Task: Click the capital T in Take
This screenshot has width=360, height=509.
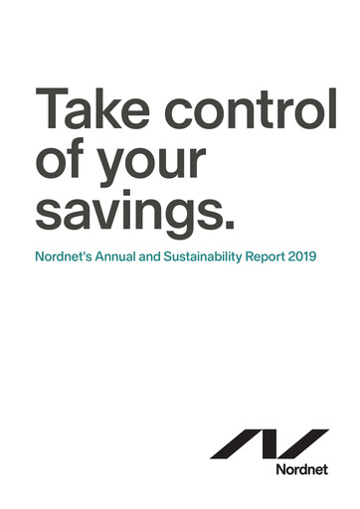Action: coord(51,108)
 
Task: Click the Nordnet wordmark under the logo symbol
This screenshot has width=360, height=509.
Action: coord(303,469)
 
